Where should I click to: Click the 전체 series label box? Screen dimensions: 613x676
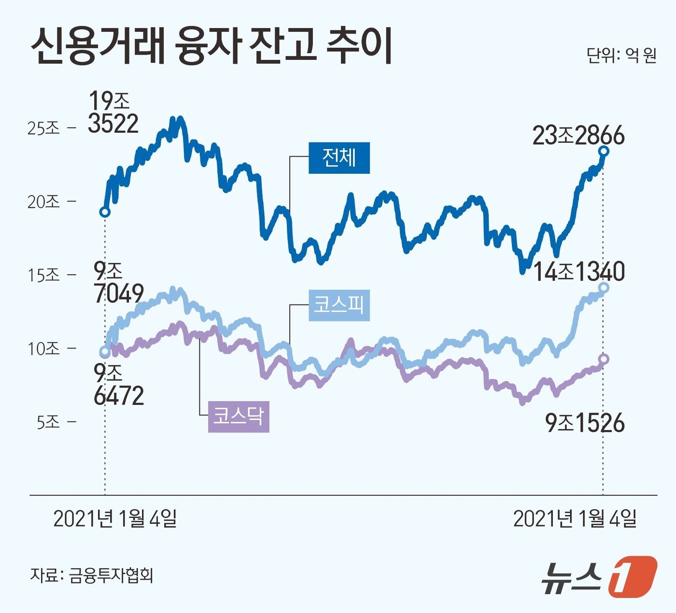(x=339, y=158)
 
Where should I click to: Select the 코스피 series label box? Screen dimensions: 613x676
(x=339, y=306)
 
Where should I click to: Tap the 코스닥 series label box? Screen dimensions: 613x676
(x=239, y=417)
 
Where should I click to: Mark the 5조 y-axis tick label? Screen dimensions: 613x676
(x=48, y=422)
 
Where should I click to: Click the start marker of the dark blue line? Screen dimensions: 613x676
(x=104, y=212)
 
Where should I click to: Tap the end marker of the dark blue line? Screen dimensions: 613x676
(x=603, y=151)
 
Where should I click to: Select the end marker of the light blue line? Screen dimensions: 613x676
(x=604, y=288)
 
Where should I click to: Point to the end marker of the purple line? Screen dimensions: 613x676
(x=604, y=359)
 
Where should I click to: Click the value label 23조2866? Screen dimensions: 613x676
(x=578, y=136)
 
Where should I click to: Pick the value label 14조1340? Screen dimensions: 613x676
(x=579, y=272)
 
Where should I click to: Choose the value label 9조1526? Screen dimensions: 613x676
(x=585, y=423)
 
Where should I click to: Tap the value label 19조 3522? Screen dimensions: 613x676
(x=113, y=112)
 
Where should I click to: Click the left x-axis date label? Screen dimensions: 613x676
(x=115, y=519)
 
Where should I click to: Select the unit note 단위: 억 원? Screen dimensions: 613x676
(x=621, y=56)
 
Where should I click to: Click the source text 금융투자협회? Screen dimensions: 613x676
(x=111, y=575)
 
